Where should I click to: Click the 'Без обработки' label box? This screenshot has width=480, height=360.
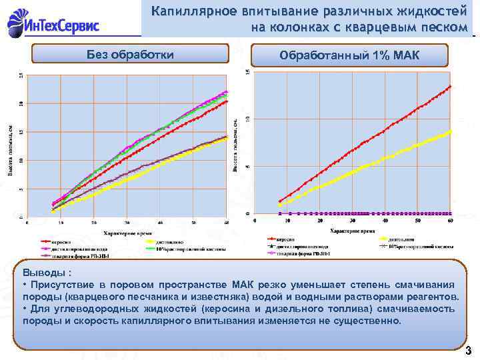131,54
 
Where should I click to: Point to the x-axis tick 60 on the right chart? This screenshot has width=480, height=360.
451,220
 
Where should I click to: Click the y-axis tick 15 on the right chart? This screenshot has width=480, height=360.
249,71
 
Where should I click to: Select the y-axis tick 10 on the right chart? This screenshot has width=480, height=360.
249,119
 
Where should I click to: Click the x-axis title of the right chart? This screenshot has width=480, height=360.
351,230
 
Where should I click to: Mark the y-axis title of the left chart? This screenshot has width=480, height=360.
10,150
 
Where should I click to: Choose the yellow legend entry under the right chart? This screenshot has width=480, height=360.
400,238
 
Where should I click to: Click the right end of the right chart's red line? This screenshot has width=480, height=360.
451,86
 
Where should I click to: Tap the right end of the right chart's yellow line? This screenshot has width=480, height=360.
451,131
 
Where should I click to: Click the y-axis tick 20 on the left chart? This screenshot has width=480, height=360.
21,103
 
